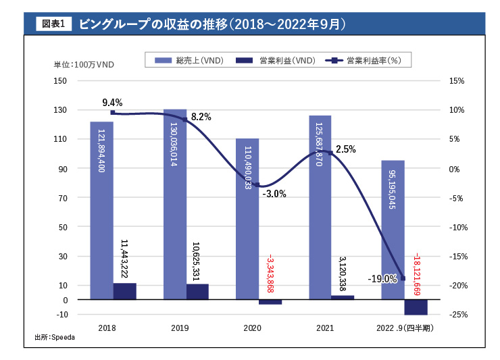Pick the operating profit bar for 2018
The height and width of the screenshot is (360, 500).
[x=124, y=291]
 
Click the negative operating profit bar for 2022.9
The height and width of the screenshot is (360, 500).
[x=416, y=307]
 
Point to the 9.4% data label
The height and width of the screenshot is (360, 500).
[x=112, y=103]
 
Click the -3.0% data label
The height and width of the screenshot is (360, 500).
[x=274, y=194]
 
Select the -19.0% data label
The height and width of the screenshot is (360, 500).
[x=382, y=278]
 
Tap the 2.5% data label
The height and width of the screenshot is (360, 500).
[x=345, y=149]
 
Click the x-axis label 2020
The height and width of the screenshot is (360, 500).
[x=252, y=328]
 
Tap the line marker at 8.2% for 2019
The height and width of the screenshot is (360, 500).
[x=184, y=120]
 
